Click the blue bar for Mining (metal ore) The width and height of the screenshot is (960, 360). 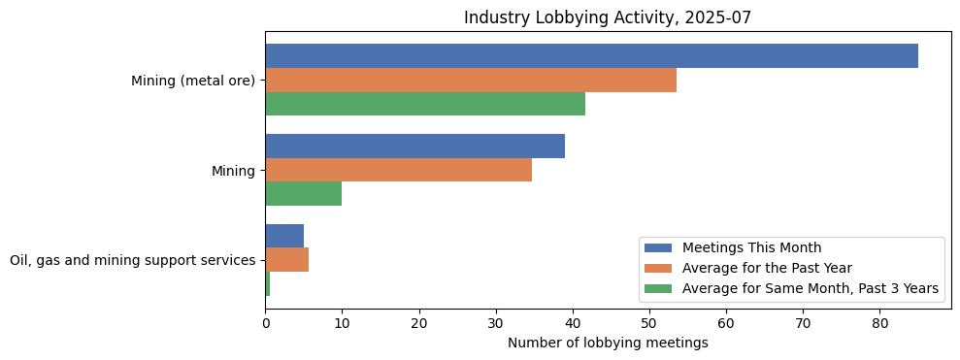click(x=591, y=56)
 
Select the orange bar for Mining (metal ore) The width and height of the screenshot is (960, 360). click(x=471, y=81)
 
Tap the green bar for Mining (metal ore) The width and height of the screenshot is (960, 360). click(x=425, y=104)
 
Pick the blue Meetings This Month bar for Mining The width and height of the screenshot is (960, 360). click(x=414, y=147)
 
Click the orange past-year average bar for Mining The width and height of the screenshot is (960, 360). click(x=398, y=170)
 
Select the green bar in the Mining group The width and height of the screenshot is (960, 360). click(x=303, y=193)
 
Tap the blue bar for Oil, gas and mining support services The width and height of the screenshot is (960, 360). click(x=284, y=236)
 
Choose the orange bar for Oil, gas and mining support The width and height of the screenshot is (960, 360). click(x=286, y=260)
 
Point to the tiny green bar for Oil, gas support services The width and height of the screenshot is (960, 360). click(x=268, y=283)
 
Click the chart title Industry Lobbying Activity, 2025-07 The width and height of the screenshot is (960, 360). click(x=608, y=17)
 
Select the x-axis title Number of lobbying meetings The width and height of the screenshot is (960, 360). click(x=608, y=343)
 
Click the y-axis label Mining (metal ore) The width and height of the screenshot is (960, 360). click(x=192, y=81)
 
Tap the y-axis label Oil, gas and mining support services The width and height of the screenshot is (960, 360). click(x=132, y=260)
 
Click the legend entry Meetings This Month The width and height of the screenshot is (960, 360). click(x=750, y=247)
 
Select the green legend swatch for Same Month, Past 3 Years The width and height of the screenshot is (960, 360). click(x=659, y=288)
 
